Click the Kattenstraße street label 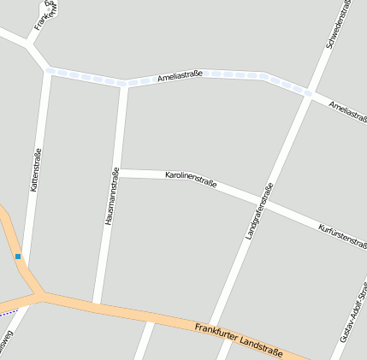(36, 169)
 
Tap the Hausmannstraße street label (111, 196)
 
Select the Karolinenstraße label (190, 179)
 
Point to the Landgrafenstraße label (258, 210)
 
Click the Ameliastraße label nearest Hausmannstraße (180, 77)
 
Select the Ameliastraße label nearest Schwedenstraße (348, 110)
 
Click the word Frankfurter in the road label (220, 330)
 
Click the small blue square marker (17, 256)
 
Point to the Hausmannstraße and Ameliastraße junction (124, 84)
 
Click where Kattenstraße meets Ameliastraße (48, 70)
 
